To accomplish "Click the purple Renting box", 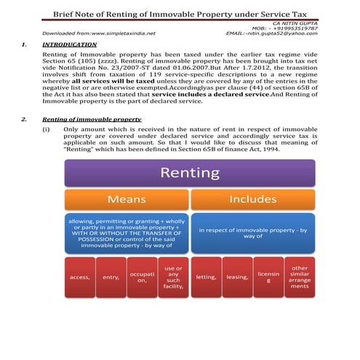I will (189, 173).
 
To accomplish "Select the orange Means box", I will (127, 199).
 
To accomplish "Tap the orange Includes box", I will (252, 199).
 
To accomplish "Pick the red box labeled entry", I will (111, 277).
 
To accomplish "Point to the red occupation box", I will (143, 277).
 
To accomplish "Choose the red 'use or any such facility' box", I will (174, 277).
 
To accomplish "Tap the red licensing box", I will (268, 277).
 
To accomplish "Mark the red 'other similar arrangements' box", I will (300, 277).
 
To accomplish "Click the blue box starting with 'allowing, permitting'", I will (127, 233).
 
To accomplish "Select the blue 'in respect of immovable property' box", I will (252, 233).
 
